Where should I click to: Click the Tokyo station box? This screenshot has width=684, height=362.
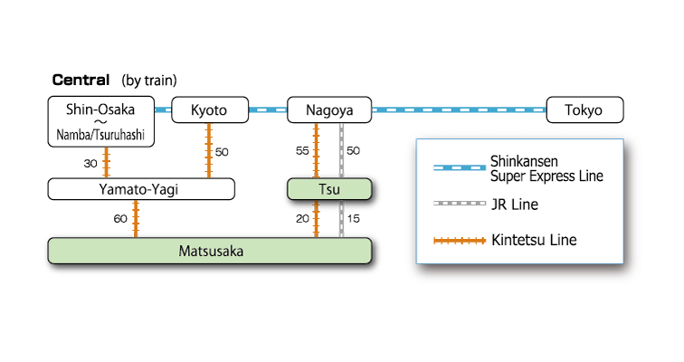coord(585,110)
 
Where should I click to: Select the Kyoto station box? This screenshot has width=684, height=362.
coord(210,110)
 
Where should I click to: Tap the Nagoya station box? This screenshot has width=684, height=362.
coord(328,110)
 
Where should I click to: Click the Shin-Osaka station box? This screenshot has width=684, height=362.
coord(101,122)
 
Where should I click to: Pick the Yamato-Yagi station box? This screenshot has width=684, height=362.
coord(141,188)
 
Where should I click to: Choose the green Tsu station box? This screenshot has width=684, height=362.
coord(328,188)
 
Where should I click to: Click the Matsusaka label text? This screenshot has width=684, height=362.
coord(210,251)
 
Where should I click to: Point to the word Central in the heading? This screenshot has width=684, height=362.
coord(81,80)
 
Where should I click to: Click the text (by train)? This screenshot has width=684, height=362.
coord(149,81)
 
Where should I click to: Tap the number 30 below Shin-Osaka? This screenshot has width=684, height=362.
coord(90,164)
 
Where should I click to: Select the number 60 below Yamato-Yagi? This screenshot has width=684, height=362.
coord(120,219)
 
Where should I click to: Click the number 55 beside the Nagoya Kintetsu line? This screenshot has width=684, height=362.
coord(302,150)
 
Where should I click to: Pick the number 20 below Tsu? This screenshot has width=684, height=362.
coord(302,219)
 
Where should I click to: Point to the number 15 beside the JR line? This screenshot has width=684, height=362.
coord(354,219)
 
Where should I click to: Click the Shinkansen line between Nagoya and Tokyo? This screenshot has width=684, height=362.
coord(459,110)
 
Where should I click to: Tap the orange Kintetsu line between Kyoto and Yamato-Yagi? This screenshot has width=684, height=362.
coord(210,150)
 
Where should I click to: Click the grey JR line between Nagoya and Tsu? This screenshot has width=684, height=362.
coord(342,150)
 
